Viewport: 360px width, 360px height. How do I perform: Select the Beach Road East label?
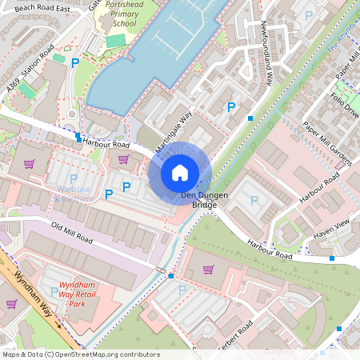coord(43,7)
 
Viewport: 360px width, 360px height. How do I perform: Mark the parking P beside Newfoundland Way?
coord(232,106)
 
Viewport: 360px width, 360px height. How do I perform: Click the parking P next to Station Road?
coord(75,62)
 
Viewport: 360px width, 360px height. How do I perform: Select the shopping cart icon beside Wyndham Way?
coord(11,303)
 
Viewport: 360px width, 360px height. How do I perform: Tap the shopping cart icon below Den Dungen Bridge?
coord(209,270)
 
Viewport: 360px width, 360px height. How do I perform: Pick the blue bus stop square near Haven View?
coord(331,258)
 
